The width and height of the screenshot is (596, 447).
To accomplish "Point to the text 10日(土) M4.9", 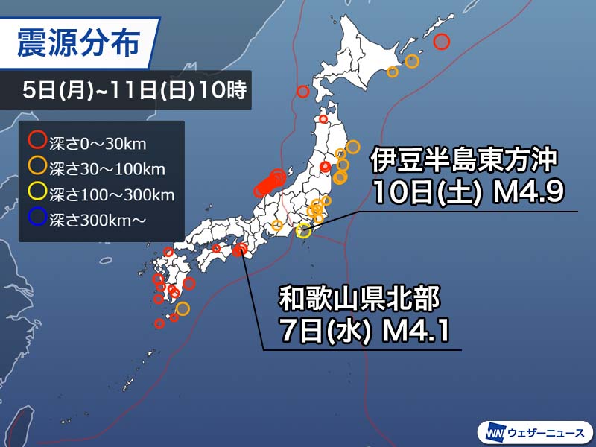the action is [467, 193].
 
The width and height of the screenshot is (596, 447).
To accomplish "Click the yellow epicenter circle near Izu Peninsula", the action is [303, 231].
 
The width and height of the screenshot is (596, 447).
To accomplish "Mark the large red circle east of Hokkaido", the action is [441, 42].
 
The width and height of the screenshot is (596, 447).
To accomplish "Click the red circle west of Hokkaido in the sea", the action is [302, 92].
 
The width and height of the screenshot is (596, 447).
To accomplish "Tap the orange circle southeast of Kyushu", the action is [183, 308].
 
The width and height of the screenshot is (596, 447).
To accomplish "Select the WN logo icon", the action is [493, 431].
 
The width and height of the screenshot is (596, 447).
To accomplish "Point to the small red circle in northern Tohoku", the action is [323, 118].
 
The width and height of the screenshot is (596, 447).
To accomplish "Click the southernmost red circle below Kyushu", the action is [159, 323].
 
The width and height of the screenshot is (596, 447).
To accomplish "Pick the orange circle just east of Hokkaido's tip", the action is [412, 61].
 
